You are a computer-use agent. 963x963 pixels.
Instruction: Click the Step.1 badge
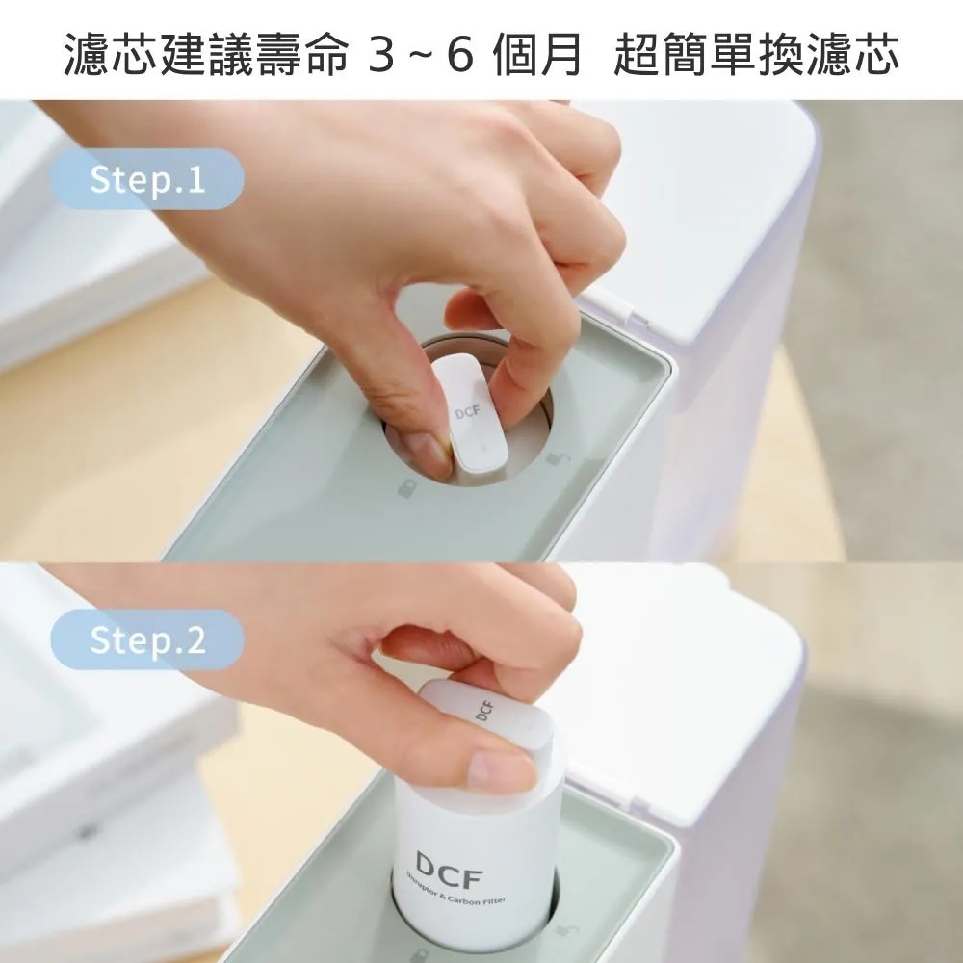pos(146,180)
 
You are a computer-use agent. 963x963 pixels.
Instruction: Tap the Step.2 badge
pos(146,640)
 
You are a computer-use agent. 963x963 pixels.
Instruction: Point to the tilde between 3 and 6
pos(422,56)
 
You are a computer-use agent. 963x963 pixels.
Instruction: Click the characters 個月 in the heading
pos(535,56)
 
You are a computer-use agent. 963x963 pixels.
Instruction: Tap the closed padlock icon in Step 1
pos(407,488)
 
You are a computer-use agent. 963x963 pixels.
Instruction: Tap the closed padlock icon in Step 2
pos(421,954)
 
